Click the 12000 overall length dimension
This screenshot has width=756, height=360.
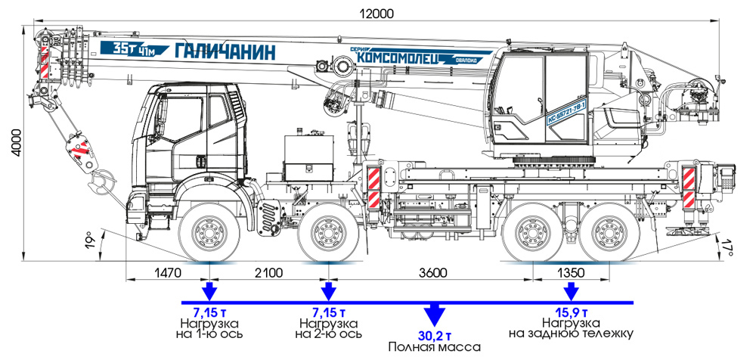pos(377,13)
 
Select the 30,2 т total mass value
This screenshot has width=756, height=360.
pos(434,335)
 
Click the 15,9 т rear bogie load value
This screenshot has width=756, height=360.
pos(571,311)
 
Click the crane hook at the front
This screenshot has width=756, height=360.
pos(98,181)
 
